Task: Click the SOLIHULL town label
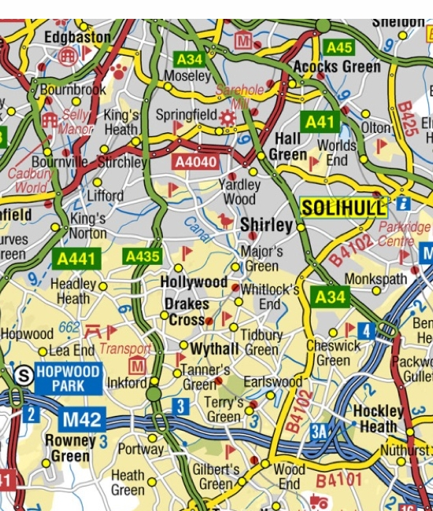pos(344,208)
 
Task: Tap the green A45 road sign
pos(339,47)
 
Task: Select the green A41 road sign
pos(320,122)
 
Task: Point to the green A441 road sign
pos(75,258)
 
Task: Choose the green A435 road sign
pos(142,256)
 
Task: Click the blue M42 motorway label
pos(81,419)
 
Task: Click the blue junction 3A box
pos(318,430)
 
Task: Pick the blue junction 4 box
pos(365,329)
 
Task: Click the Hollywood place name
pos(194,281)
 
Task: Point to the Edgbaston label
pos(78,36)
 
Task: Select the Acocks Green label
pos(336,67)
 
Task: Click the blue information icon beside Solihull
pos(404,203)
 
